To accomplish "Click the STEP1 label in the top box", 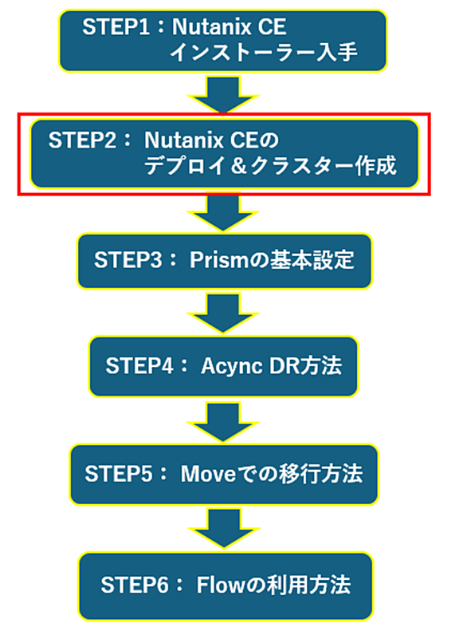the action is point(116,27).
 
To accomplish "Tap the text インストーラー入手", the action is point(264,52).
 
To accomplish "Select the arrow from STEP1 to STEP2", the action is point(223,95).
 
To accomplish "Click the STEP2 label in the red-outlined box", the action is point(82,140).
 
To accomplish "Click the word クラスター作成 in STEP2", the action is point(324,166).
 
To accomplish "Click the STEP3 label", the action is point(128,260).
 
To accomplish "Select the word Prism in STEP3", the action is point(219,260).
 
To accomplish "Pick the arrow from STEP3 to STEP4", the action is point(223,313).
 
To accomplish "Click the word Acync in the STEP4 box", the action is point(232,366).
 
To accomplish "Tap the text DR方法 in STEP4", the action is point(305,365).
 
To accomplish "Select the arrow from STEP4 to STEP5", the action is point(223,422).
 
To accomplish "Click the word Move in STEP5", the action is point(208,474).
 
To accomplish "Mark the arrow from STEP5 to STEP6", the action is point(224,528).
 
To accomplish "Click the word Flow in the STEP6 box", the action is point(220,585).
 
